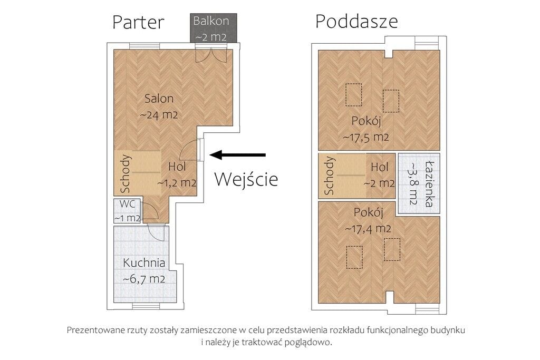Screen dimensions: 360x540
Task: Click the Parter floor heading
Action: [138, 22]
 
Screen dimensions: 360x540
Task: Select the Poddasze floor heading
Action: [356, 22]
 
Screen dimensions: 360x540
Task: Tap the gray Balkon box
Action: [211, 29]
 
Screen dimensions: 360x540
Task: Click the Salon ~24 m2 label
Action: [158, 106]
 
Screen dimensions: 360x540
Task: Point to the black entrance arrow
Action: [238, 154]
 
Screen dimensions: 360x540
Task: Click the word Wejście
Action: [246, 179]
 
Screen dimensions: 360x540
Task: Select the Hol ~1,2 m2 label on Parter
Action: [177, 175]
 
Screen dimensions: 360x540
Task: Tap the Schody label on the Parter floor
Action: [126, 173]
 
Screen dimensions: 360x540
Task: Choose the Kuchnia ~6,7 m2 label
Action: [144, 270]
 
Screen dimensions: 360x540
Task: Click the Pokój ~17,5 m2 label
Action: [366, 129]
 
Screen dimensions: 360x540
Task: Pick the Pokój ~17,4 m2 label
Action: [368, 221]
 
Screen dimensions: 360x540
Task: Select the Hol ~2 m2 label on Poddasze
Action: [379, 175]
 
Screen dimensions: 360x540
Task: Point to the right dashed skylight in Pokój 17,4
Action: [392, 250]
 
